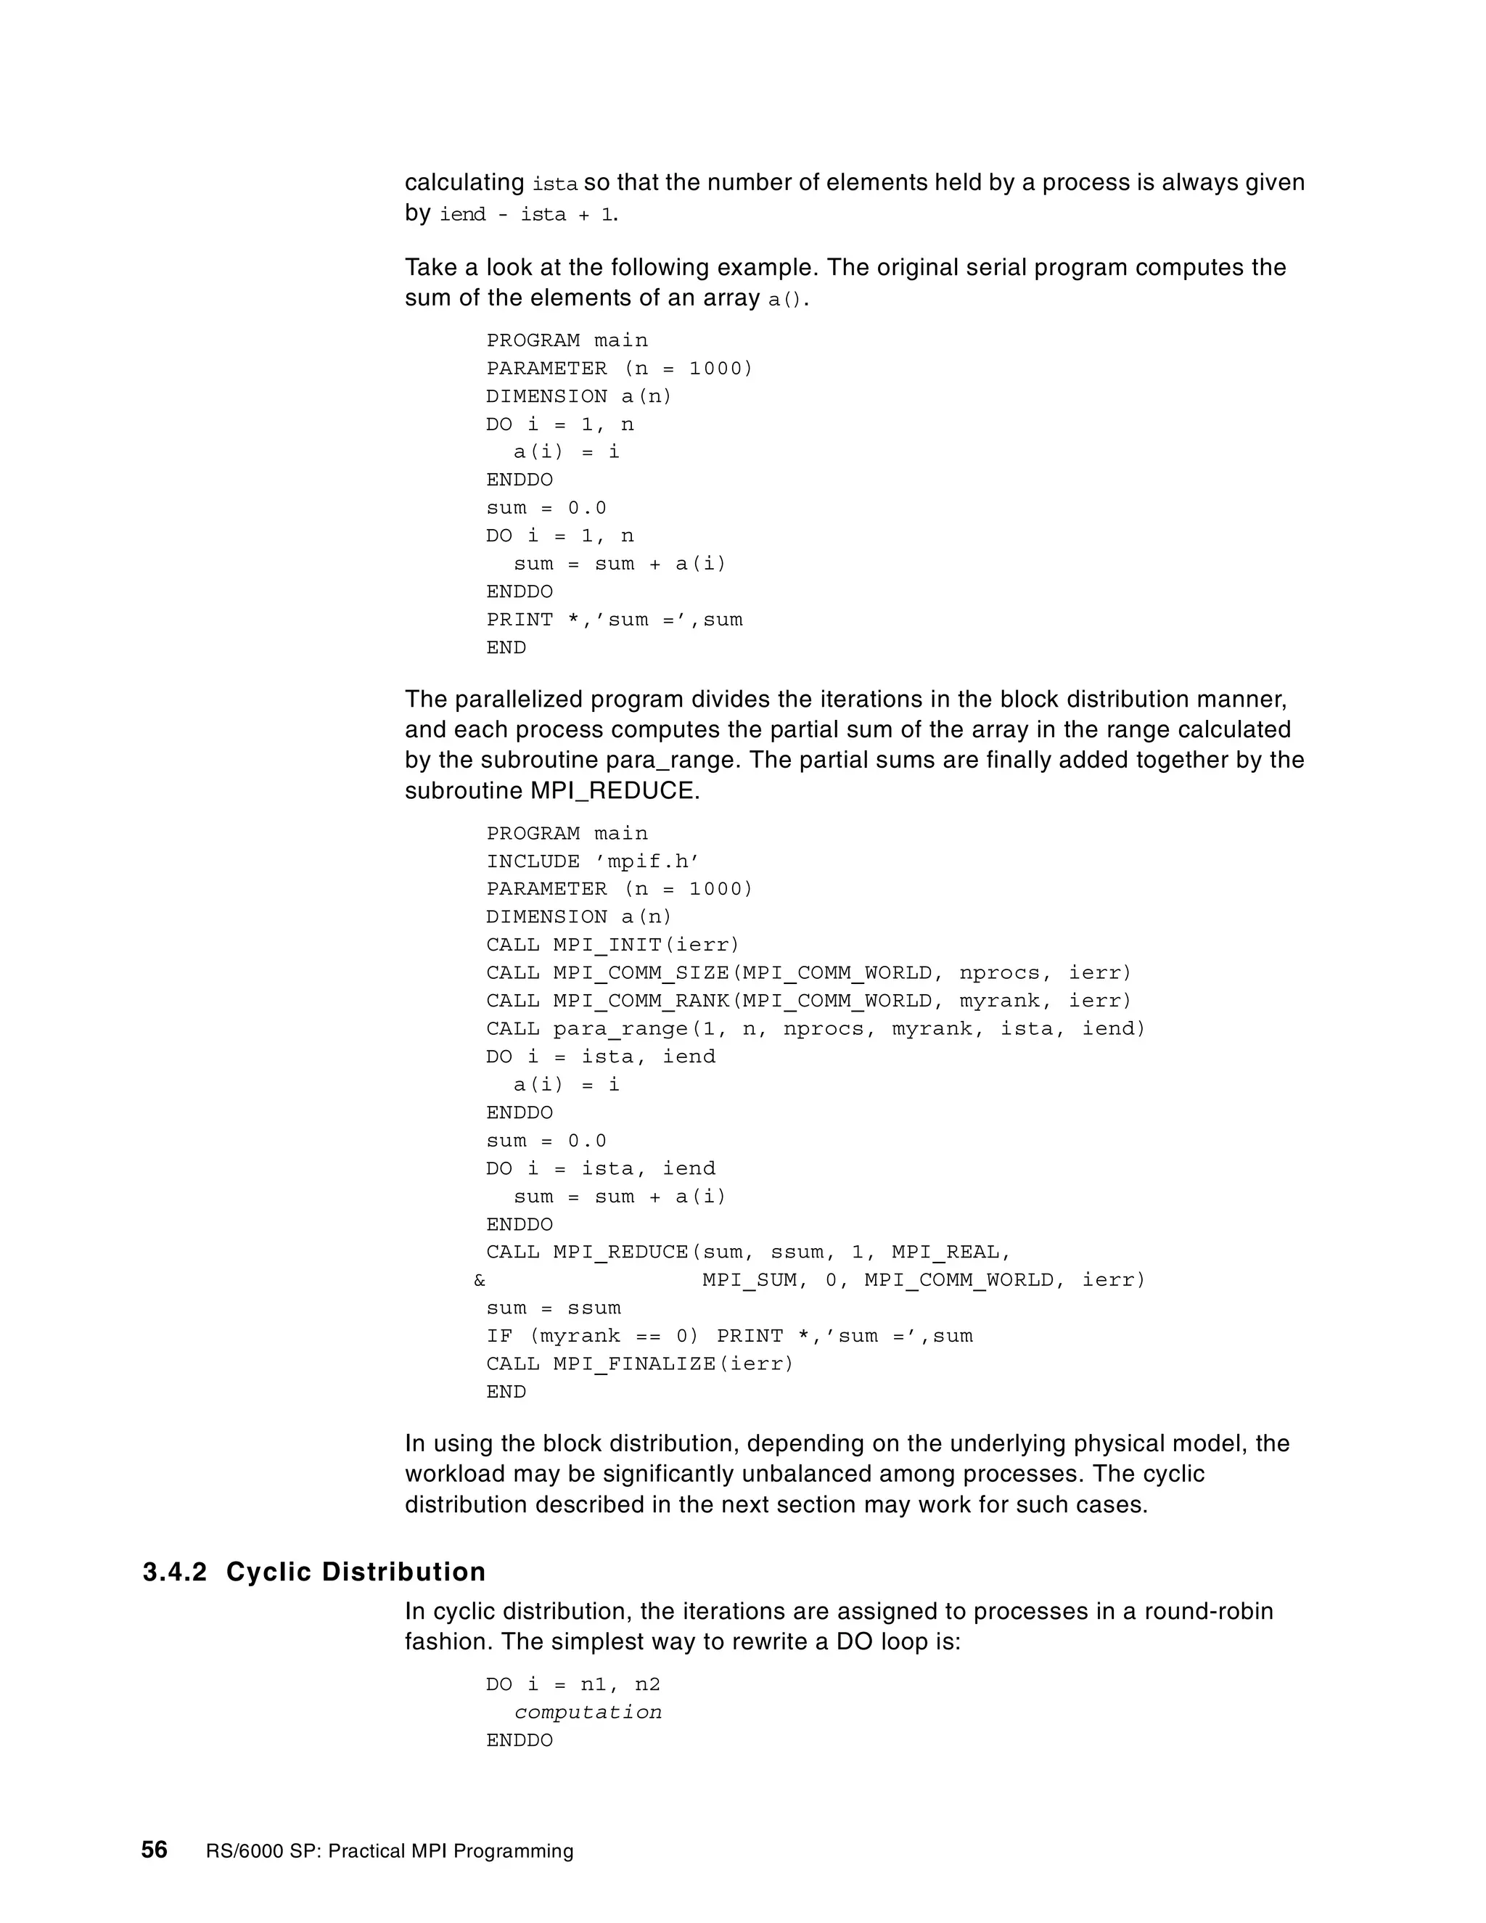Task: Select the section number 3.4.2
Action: [x=174, y=1572]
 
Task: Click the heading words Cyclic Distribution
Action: [x=356, y=1572]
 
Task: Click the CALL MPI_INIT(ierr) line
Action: [x=612, y=945]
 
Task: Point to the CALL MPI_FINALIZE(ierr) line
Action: [x=640, y=1364]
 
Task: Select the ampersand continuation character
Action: [x=479, y=1280]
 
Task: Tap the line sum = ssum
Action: [x=554, y=1308]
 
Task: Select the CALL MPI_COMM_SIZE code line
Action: [x=808, y=973]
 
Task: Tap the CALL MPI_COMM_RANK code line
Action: [x=808, y=1001]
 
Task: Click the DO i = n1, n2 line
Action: [x=573, y=1684]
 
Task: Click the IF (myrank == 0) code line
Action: [x=729, y=1336]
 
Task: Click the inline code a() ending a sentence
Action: [x=785, y=300]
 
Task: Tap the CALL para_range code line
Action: [x=815, y=1028]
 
